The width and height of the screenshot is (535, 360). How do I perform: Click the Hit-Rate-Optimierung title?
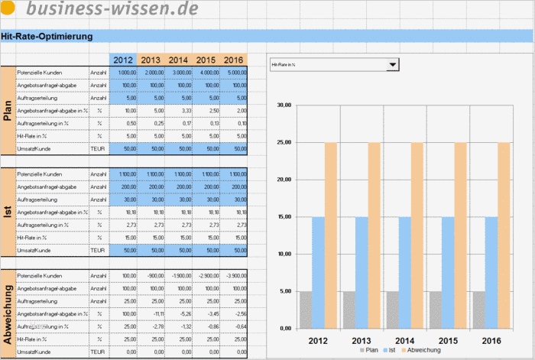coord(47,36)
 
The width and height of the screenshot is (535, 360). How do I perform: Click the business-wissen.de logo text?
coord(112,8)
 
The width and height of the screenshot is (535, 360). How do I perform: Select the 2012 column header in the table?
coord(122,60)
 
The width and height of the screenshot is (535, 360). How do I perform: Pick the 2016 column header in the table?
coord(234,60)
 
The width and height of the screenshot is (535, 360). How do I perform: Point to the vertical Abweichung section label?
coord(8,314)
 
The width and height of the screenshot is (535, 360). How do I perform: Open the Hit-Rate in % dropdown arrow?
coord(393,65)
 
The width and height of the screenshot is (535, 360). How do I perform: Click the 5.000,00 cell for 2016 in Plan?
coord(233,72)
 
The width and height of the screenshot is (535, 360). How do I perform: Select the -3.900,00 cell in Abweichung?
coord(233,274)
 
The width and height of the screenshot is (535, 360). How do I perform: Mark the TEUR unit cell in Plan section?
coord(99,149)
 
